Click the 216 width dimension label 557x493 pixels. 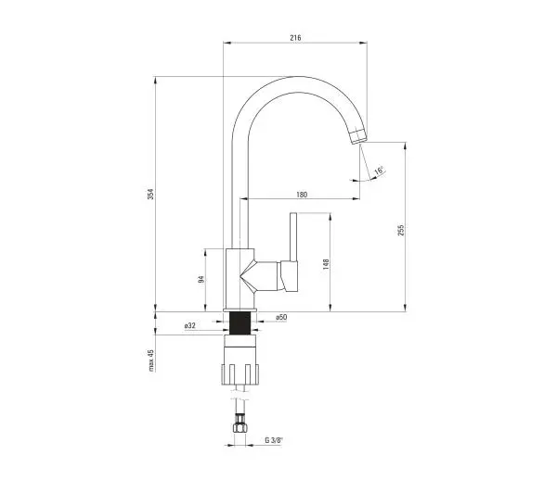click(295, 38)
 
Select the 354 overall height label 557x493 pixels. click(151, 194)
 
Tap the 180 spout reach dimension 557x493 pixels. click(302, 195)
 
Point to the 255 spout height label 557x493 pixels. click(401, 231)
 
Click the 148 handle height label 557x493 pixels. click(326, 265)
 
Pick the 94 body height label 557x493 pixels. click(201, 279)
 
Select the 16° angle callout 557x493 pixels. click(379, 171)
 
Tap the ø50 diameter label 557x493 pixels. click(281, 317)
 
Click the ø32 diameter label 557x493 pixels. click(190, 325)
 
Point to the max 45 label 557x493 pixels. click(151, 360)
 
